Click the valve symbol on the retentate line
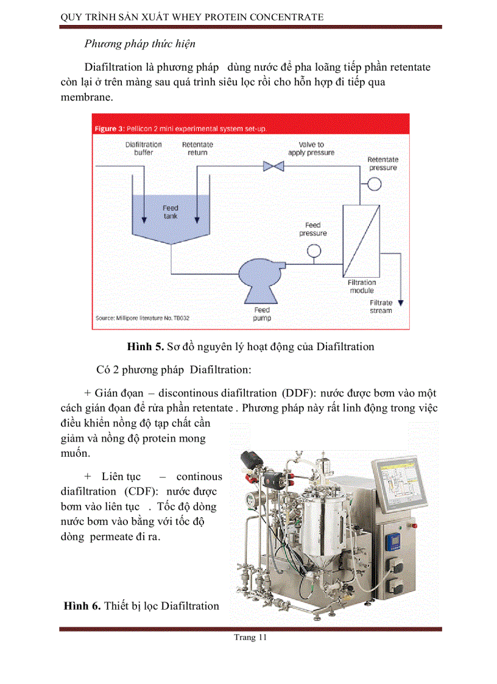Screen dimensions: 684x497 (269, 166)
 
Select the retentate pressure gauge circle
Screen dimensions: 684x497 (374, 183)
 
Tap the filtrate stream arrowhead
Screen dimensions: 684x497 (400, 301)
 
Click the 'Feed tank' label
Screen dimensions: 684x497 (171, 212)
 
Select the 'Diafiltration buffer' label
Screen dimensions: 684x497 (144, 149)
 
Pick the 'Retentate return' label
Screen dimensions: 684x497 (197, 149)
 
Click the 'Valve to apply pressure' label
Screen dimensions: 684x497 (311, 149)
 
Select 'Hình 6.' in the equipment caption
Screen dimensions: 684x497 (82, 605)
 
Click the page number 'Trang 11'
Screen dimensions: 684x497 (250, 638)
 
